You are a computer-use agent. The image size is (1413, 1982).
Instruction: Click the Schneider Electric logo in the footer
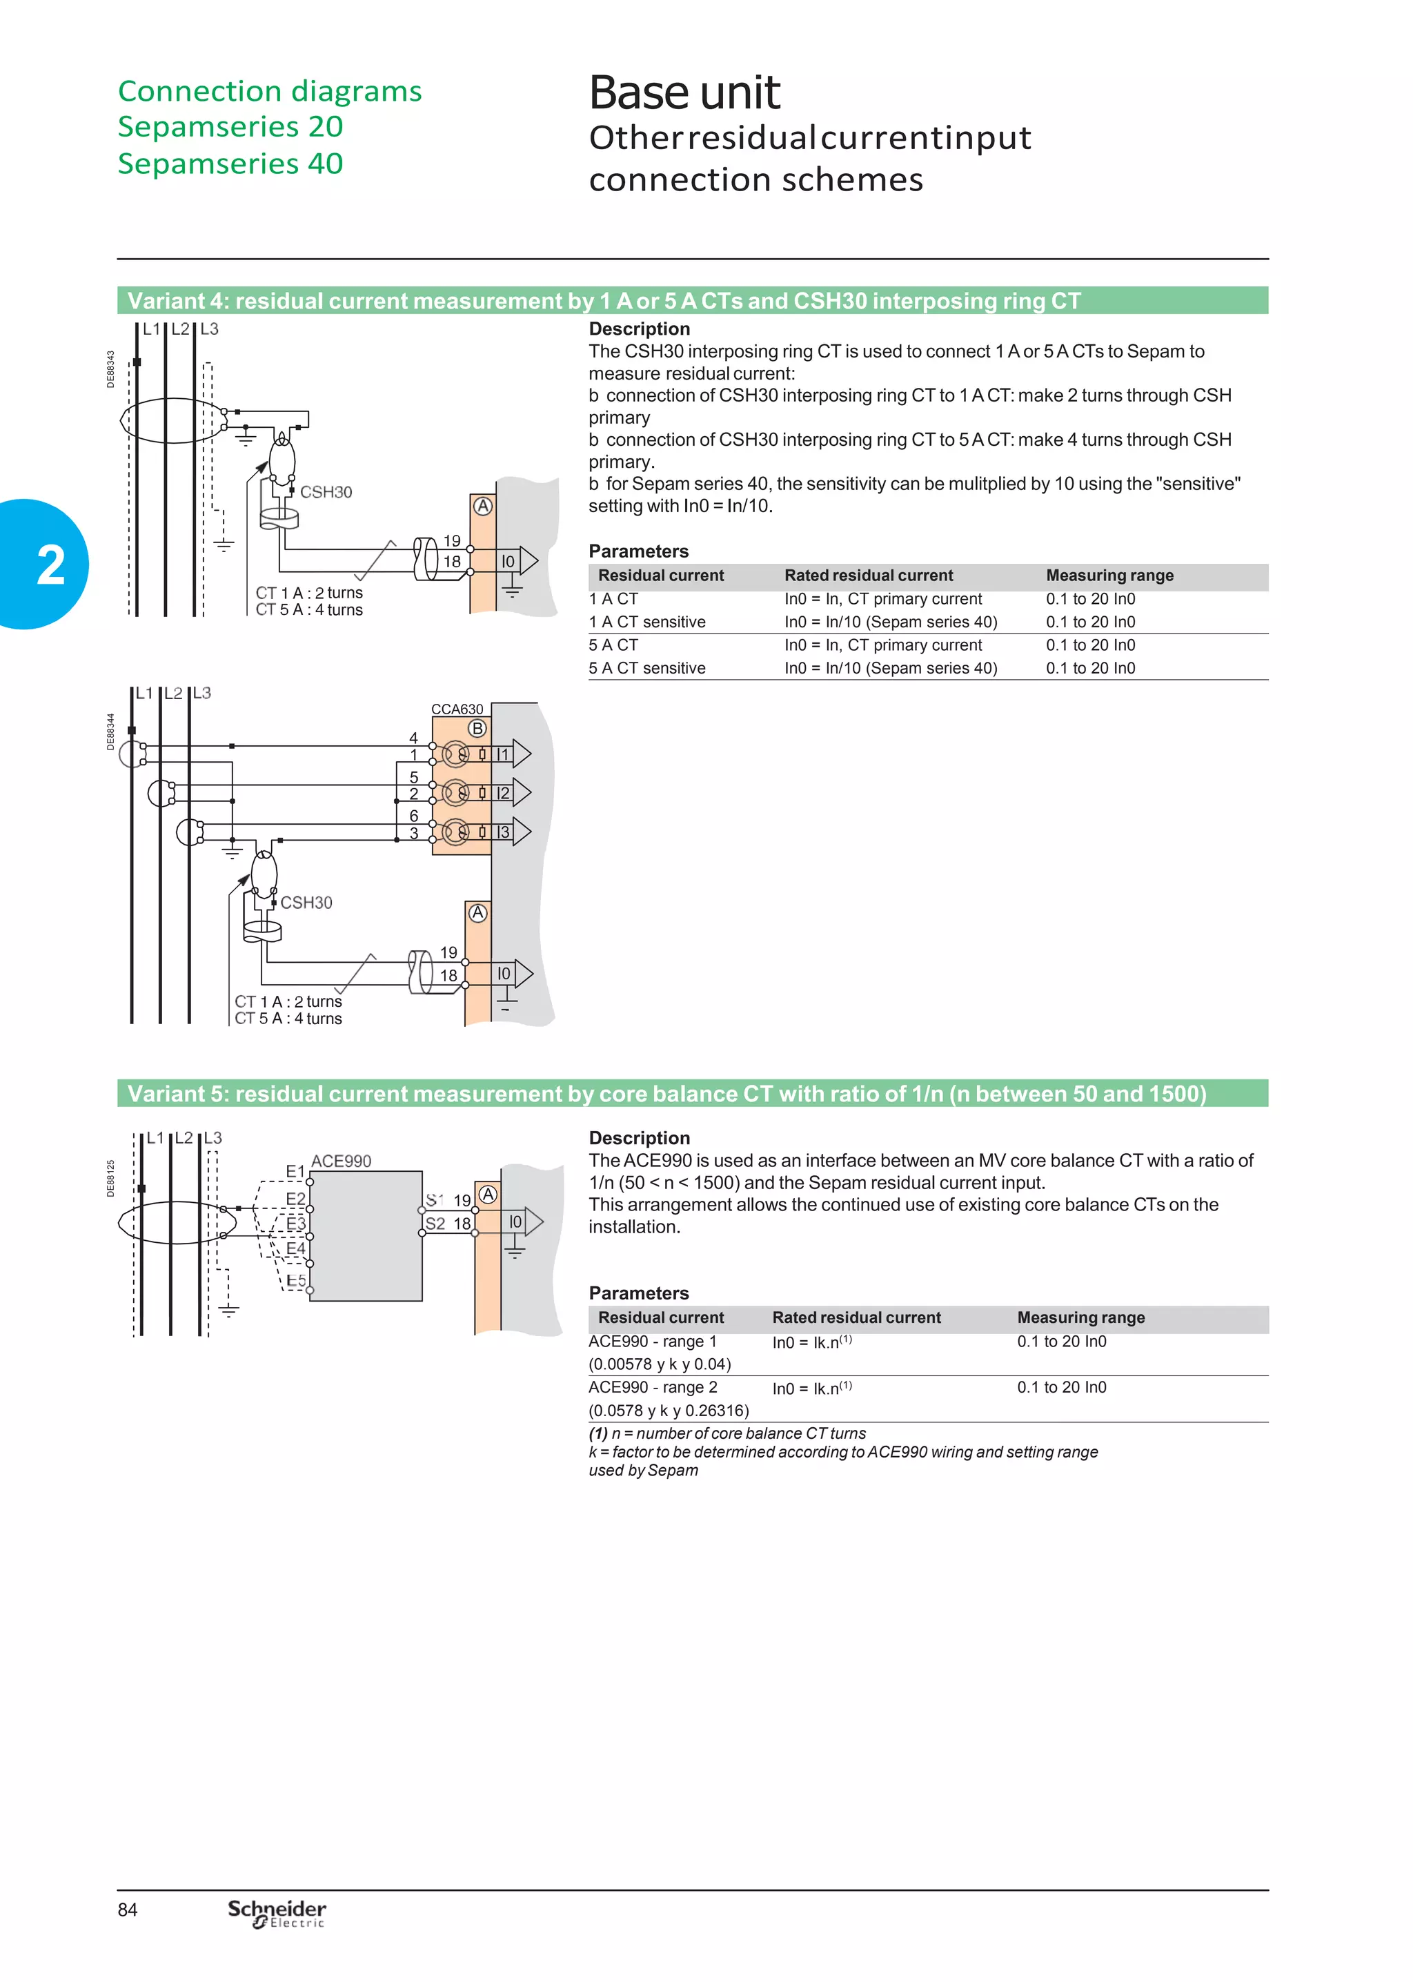[x=277, y=1912]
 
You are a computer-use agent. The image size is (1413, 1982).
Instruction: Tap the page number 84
[x=128, y=1909]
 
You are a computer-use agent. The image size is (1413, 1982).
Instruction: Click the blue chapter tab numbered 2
[x=48, y=565]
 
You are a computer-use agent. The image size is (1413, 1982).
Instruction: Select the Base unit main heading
[x=684, y=93]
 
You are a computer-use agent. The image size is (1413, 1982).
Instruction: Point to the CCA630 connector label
[x=457, y=709]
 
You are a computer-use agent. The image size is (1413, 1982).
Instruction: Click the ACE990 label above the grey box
[x=341, y=1161]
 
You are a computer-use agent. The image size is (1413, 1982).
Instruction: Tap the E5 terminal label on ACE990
[x=296, y=1280]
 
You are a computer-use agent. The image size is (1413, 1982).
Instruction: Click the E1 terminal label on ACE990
[x=295, y=1171]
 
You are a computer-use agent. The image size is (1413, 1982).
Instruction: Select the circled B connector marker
[x=477, y=728]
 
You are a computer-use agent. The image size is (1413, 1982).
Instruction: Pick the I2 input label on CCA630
[x=503, y=794]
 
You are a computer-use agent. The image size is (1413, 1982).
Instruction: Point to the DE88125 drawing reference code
[x=110, y=1178]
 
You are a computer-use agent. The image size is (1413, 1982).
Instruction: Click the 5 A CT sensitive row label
[x=646, y=668]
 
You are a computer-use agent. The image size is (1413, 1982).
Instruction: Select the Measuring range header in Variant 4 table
[x=1109, y=575]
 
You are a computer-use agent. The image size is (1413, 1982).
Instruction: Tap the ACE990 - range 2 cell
[x=653, y=1387]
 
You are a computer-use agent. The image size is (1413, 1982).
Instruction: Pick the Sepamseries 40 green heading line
[x=230, y=164]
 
